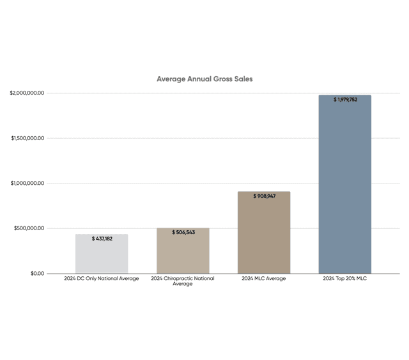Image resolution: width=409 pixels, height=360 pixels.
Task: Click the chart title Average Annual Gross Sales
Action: [204, 79]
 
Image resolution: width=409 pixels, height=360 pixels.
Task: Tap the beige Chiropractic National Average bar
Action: [183, 253]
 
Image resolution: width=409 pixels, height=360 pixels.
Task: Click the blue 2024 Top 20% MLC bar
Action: [345, 185]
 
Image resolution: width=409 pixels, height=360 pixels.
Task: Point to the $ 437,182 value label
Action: [102, 239]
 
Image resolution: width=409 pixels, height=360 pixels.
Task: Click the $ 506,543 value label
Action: [183, 232]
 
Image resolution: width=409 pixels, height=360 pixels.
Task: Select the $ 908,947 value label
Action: [264, 196]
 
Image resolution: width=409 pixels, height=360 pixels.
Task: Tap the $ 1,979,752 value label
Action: [345, 100]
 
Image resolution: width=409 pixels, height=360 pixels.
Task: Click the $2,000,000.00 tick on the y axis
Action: [27, 93]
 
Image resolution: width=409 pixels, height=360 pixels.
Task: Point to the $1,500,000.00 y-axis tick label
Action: [27, 138]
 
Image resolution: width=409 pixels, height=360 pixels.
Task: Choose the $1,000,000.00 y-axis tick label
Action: [27, 184]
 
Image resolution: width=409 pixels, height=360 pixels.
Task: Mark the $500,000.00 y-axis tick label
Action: [29, 228]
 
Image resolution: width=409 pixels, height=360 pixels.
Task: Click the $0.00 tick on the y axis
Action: [36, 274]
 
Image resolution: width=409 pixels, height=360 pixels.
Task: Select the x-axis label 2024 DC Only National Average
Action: [102, 279]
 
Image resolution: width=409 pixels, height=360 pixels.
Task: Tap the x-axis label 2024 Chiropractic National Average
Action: [183, 281]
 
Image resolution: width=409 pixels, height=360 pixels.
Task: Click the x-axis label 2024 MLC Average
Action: [264, 279]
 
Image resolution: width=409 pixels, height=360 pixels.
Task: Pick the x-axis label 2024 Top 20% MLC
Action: [345, 279]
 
